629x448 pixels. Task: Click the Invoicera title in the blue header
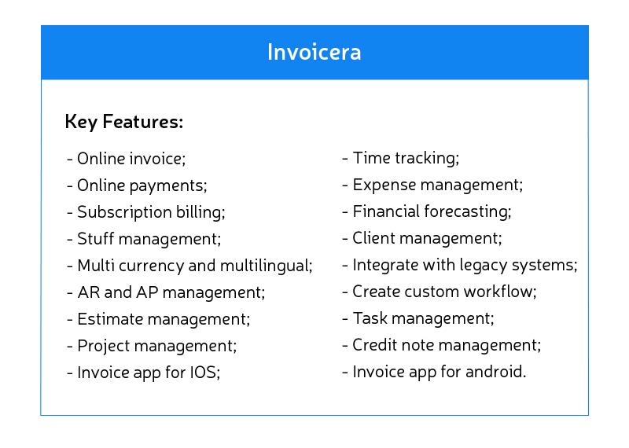pyautogui.click(x=314, y=52)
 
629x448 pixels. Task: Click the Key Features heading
pyautogui.click(x=123, y=123)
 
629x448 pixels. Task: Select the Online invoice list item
pyautogui.click(x=131, y=159)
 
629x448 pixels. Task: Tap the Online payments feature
pyautogui.click(x=142, y=185)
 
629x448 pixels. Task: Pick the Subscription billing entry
pyautogui.click(x=151, y=212)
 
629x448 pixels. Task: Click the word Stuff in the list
pyautogui.click(x=94, y=239)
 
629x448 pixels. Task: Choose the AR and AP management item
pyautogui.click(x=171, y=292)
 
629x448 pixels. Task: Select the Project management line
pyautogui.click(x=156, y=346)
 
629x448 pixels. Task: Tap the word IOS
pyautogui.click(x=202, y=373)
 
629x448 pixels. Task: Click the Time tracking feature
pyautogui.click(x=405, y=158)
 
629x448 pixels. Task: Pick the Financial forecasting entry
pyautogui.click(x=432, y=211)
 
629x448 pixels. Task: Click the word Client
pyautogui.click(x=373, y=238)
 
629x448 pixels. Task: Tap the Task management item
pyautogui.click(x=423, y=318)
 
